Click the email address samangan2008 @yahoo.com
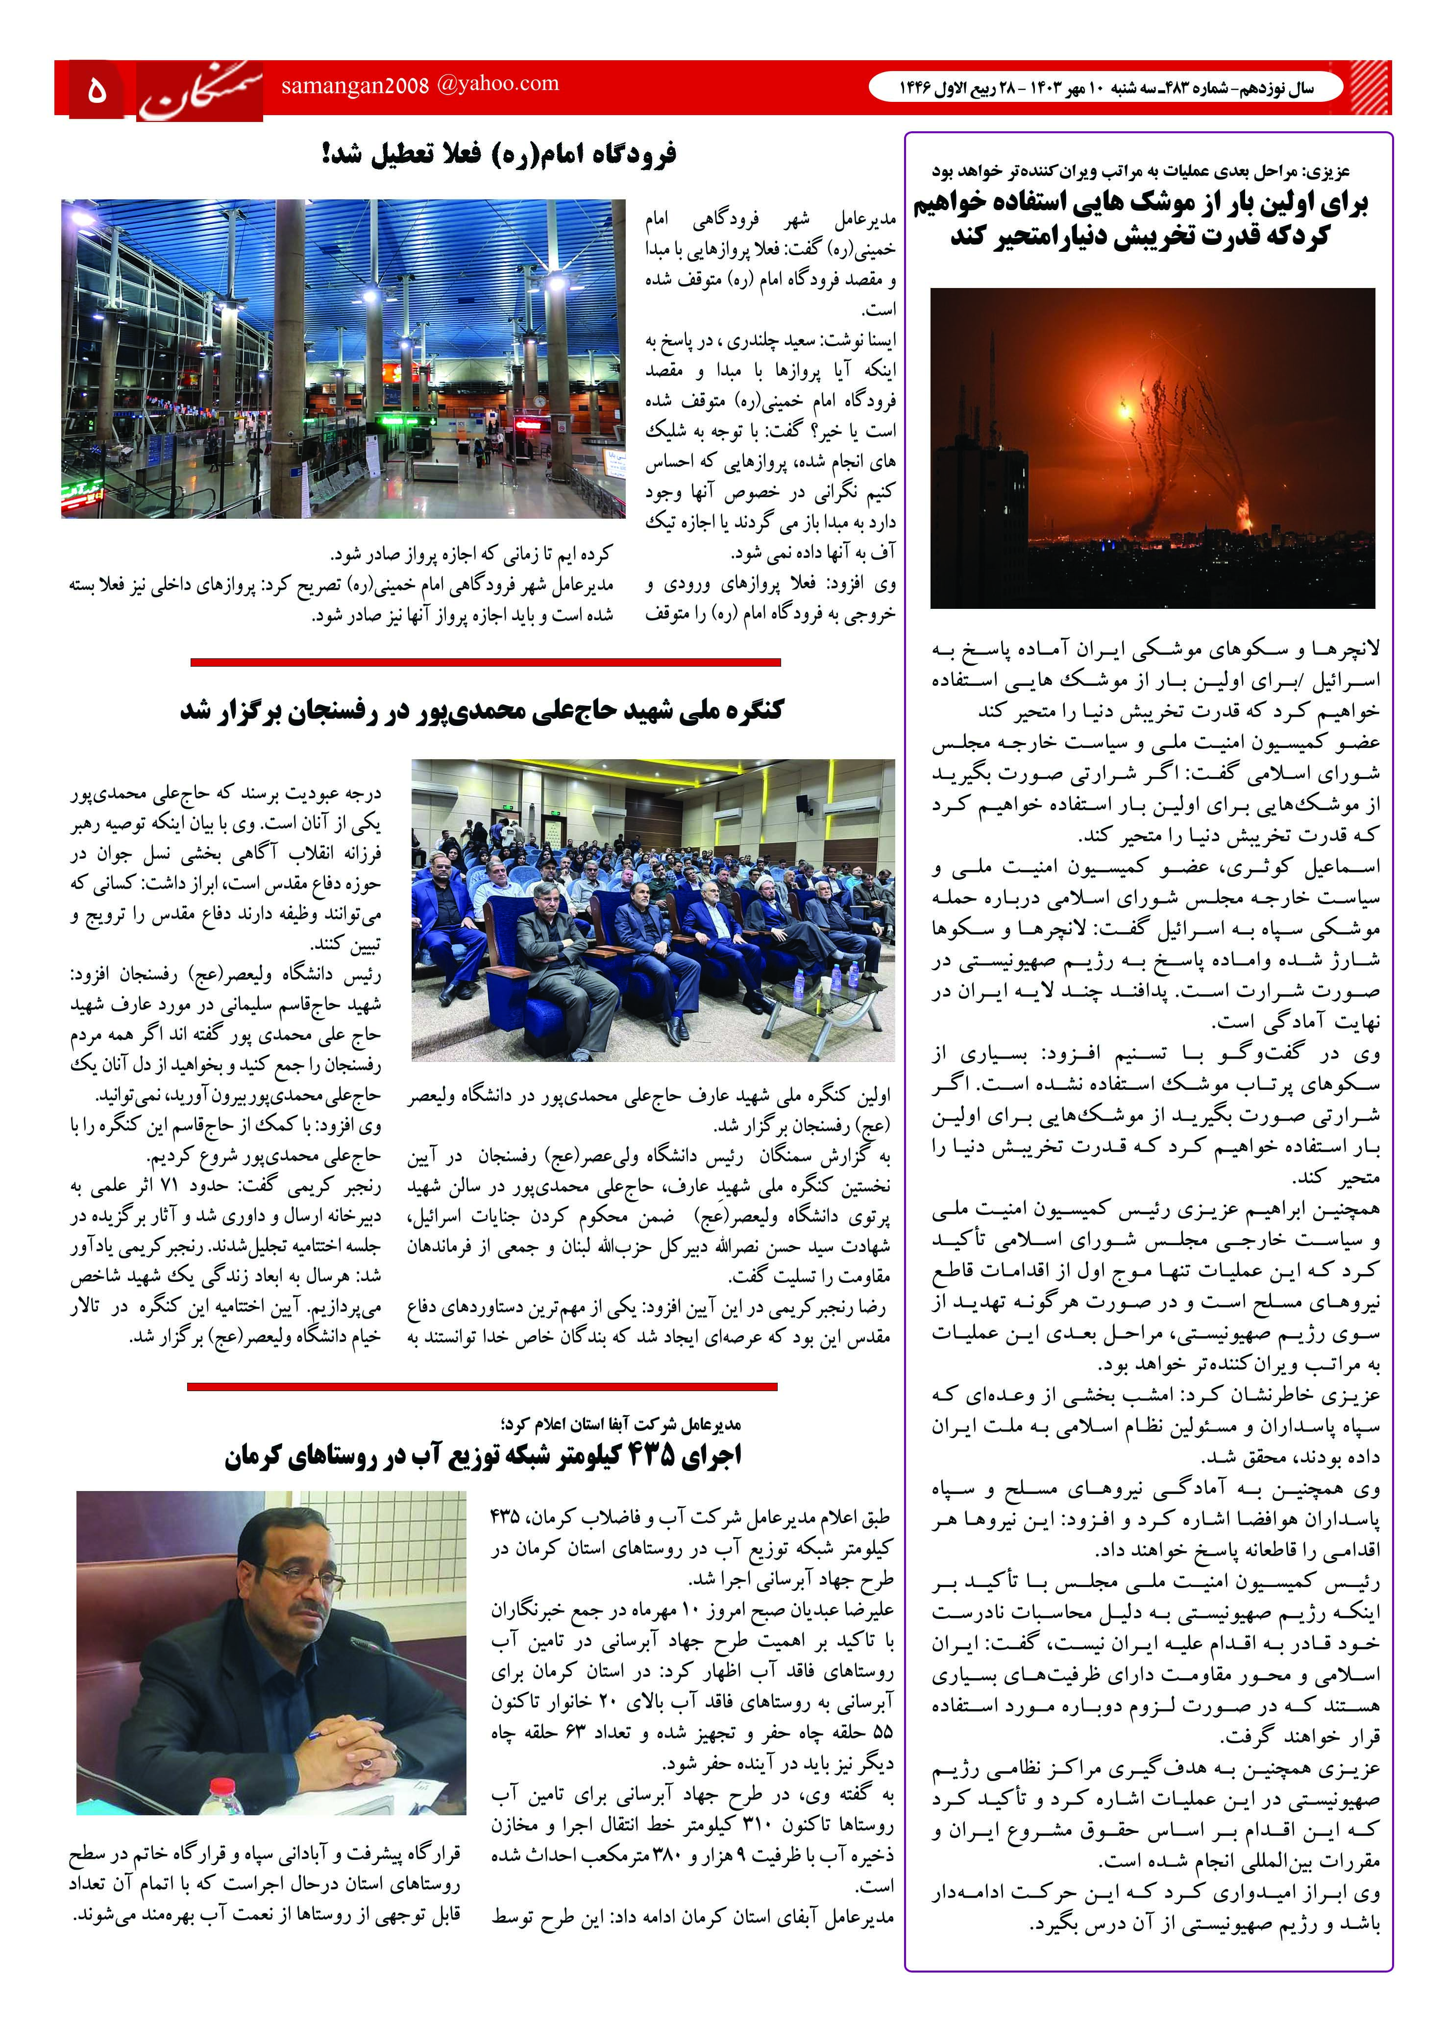pos(419,85)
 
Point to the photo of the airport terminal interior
pos(343,358)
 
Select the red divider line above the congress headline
pos(486,662)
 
